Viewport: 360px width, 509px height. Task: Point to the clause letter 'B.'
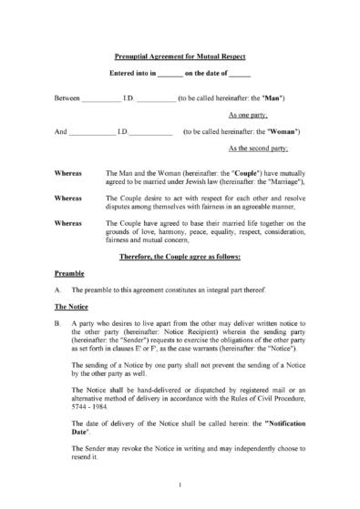pyautogui.click(x=58, y=323)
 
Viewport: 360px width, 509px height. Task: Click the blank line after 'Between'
pyautogui.click(x=100, y=97)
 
